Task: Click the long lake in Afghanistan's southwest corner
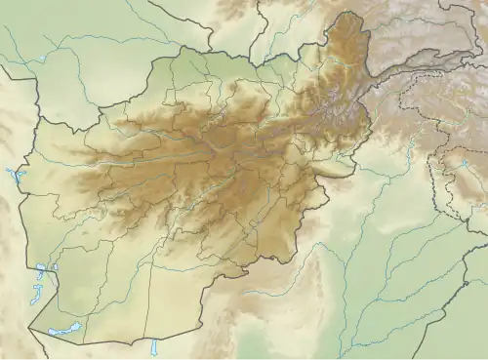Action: (64, 332)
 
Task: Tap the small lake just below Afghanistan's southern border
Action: (154, 347)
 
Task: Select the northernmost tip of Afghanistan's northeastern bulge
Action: (348, 14)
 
